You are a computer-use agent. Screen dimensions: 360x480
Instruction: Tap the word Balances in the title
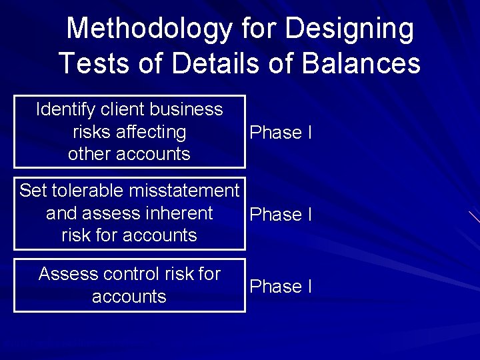point(361,63)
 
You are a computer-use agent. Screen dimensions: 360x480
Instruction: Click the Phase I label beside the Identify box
point(280,133)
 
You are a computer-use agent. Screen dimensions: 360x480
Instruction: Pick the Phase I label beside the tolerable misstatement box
point(280,215)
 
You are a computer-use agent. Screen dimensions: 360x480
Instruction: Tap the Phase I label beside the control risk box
point(280,287)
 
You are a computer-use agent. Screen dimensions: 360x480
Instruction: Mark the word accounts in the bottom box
point(129,296)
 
